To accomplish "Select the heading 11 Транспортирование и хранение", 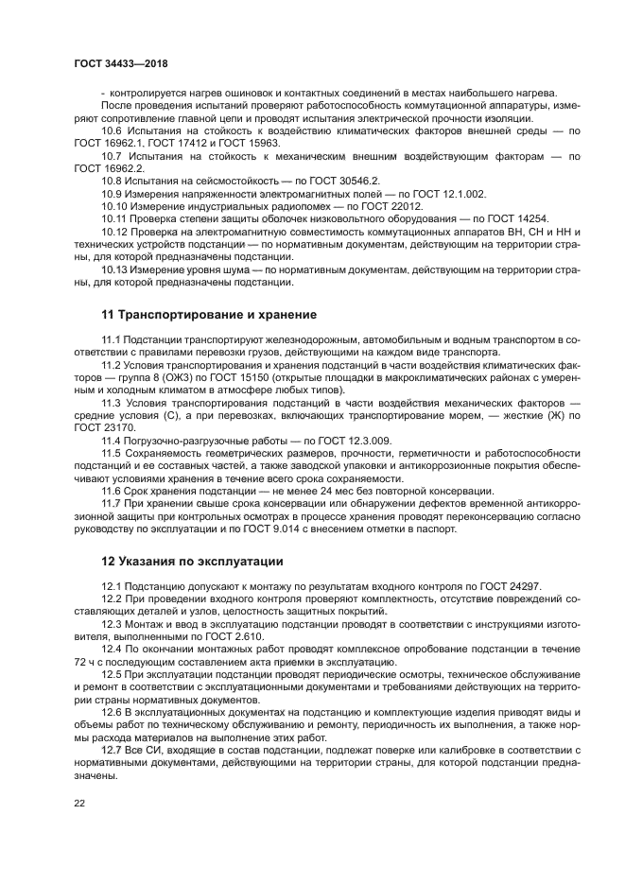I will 209,314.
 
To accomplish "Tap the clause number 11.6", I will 113,491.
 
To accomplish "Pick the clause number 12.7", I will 113,747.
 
